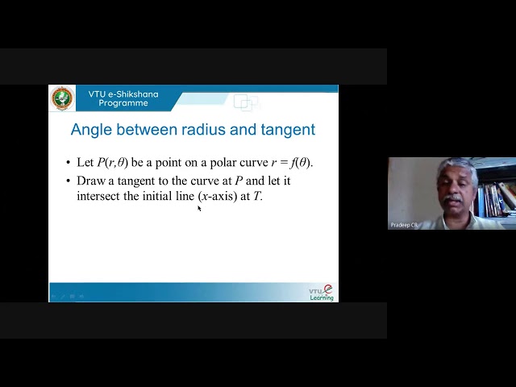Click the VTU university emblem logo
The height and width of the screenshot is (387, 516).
(x=62, y=98)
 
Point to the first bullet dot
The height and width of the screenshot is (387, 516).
(x=69, y=163)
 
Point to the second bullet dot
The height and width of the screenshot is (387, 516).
(x=69, y=181)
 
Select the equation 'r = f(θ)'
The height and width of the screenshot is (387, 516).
(x=287, y=162)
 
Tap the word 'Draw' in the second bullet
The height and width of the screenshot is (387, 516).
(x=90, y=181)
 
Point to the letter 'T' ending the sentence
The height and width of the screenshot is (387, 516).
(x=257, y=196)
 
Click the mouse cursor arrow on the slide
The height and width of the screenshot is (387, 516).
(x=199, y=208)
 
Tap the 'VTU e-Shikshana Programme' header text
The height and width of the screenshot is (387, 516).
(x=123, y=98)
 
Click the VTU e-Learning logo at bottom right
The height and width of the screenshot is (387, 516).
(x=322, y=293)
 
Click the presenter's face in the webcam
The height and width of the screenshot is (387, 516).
(x=452, y=187)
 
